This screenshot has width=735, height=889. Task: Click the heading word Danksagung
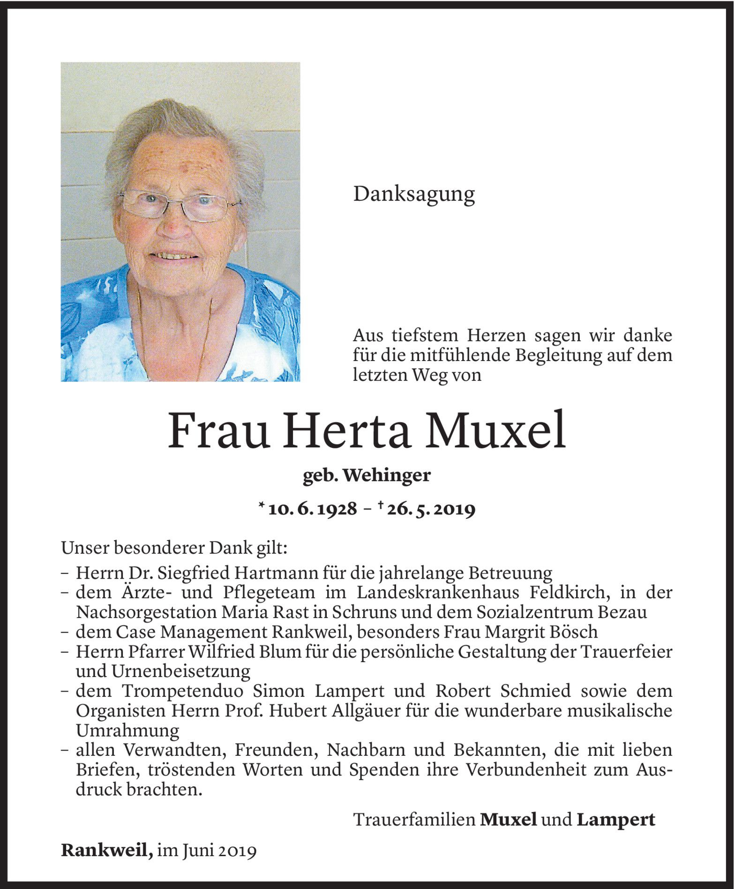(x=414, y=194)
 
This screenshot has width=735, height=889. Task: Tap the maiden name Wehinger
(x=387, y=476)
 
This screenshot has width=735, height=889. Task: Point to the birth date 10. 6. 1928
(x=313, y=509)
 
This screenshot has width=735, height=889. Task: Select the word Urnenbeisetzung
(x=180, y=671)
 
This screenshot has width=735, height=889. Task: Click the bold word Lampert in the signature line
(x=615, y=820)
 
